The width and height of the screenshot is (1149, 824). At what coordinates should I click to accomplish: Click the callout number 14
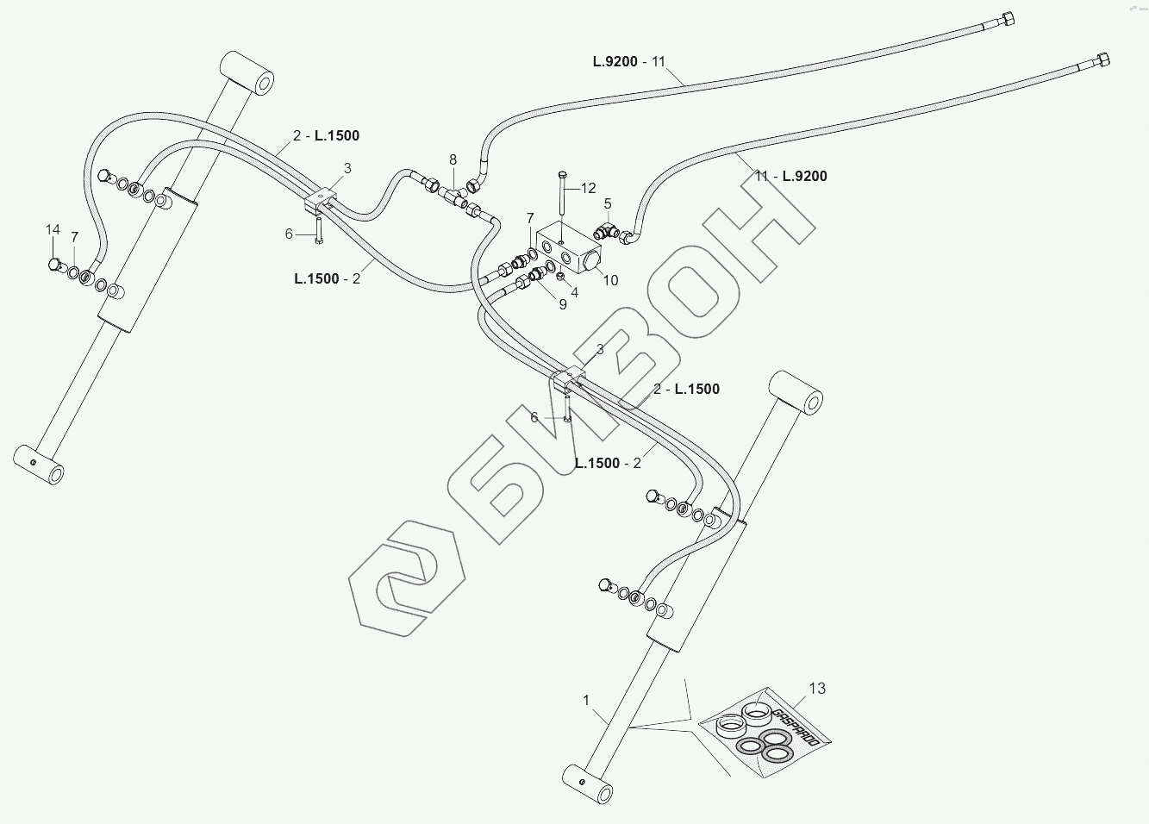pyautogui.click(x=53, y=229)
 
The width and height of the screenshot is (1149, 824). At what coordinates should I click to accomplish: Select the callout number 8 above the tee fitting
pyautogui.click(x=453, y=159)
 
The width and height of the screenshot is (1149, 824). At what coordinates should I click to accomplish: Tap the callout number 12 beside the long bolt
pyautogui.click(x=588, y=188)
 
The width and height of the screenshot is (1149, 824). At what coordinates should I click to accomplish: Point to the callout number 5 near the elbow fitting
pyautogui.click(x=608, y=204)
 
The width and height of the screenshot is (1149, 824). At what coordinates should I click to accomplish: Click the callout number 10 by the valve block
pyautogui.click(x=610, y=280)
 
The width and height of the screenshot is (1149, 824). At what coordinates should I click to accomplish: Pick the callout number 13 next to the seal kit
pyautogui.click(x=816, y=688)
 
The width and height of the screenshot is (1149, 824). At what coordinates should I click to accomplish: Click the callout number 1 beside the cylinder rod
pyautogui.click(x=586, y=700)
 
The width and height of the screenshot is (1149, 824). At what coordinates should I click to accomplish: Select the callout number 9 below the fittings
pyautogui.click(x=563, y=303)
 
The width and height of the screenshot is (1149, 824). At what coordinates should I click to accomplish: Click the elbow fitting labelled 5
pyautogui.click(x=606, y=231)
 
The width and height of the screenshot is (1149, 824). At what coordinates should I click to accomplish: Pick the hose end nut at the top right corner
pyautogui.click(x=1008, y=21)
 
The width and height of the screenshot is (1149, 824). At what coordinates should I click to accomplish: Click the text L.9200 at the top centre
pyautogui.click(x=615, y=61)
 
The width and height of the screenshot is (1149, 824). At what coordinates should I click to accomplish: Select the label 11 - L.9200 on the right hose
pyautogui.click(x=790, y=176)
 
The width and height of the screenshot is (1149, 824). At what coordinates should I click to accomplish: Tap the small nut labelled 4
pyautogui.click(x=561, y=276)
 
